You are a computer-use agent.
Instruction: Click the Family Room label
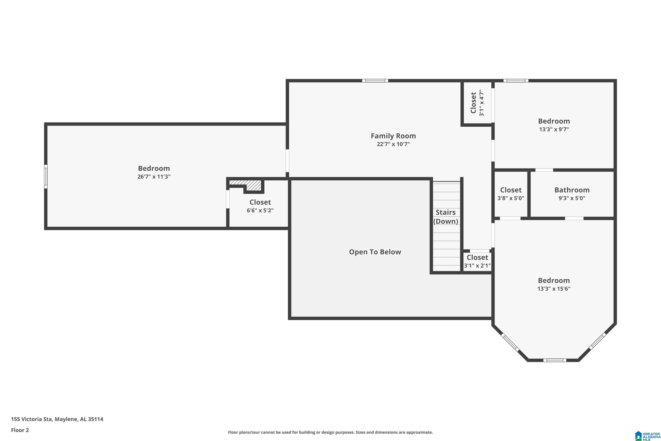[393, 136]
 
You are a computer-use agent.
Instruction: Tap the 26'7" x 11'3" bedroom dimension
[154, 177]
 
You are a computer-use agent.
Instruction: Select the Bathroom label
[572, 190]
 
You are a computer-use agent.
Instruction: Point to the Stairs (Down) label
[446, 217]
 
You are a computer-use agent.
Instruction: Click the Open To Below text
[375, 252]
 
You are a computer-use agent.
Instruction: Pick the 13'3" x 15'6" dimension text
[554, 289]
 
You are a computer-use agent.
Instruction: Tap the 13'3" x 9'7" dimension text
[554, 129]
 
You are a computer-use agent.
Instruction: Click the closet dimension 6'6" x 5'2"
[260, 210]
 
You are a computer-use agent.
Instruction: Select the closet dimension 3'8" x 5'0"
[511, 198]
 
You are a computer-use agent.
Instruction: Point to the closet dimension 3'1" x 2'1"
[477, 265]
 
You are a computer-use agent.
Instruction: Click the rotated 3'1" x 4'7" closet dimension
[482, 103]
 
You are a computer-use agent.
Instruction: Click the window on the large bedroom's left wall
[46, 176]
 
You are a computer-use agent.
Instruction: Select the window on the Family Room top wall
[375, 81]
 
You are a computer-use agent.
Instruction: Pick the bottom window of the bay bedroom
[555, 360]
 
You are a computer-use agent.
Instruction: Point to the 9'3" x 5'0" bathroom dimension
[572, 198]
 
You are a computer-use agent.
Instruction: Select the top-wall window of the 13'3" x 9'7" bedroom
[516, 81]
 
